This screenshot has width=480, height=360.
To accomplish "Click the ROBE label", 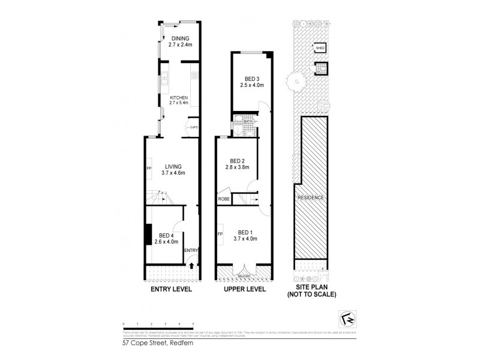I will click(x=223, y=198).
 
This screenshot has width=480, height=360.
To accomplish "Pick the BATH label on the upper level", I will click(x=248, y=122).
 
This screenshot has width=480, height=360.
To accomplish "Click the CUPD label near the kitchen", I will click(x=194, y=128).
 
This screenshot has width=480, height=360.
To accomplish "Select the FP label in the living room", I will click(x=149, y=169).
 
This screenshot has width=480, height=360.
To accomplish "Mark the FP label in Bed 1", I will click(x=221, y=233).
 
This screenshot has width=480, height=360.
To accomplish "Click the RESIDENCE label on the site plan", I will click(x=310, y=197).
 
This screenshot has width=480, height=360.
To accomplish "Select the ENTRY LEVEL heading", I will click(x=171, y=289).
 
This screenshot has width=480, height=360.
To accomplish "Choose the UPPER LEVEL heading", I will click(x=245, y=289).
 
